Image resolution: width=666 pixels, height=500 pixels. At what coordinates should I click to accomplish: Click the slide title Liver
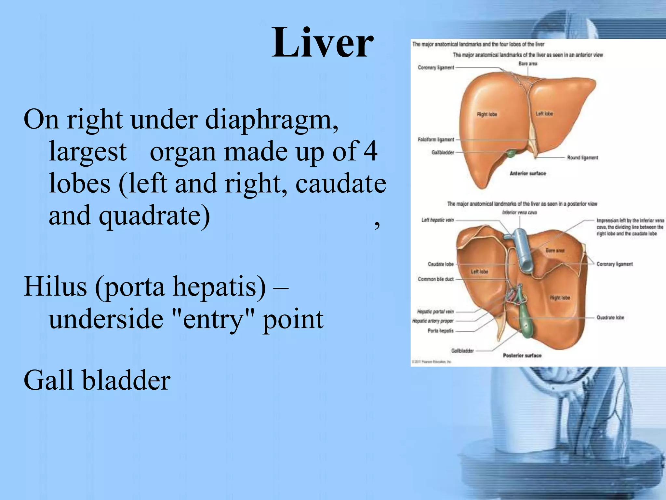[322, 43]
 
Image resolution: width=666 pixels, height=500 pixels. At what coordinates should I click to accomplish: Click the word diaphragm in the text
[272, 120]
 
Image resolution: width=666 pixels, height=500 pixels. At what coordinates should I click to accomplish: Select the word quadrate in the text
[154, 215]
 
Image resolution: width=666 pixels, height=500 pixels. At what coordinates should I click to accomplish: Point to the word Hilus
[55, 286]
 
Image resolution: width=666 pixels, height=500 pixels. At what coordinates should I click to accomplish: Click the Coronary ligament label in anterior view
[436, 68]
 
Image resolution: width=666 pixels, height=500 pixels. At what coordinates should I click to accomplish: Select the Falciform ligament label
[436, 140]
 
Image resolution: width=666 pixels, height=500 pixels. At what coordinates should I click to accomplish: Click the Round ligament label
[582, 158]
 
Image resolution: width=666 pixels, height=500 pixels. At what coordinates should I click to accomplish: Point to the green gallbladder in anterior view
[512, 153]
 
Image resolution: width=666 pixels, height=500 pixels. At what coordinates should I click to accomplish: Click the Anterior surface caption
[527, 174]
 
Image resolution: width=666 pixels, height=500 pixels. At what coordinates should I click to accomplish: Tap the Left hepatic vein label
[437, 220]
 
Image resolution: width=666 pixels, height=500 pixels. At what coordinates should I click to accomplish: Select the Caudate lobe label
[441, 264]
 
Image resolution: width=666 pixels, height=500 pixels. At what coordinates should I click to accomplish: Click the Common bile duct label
[436, 279]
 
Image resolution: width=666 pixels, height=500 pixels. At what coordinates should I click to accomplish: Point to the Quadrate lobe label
[610, 317]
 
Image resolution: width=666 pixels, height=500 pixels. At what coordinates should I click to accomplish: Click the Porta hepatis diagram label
[440, 331]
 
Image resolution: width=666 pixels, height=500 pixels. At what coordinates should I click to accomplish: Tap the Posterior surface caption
[522, 355]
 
